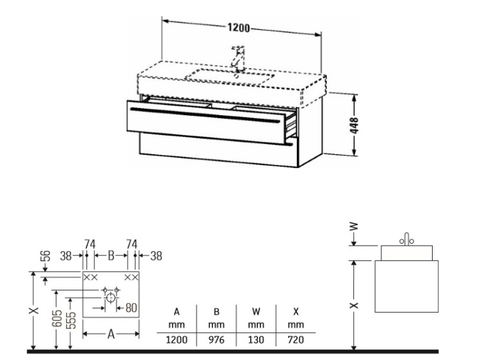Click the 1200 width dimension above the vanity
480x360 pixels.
click(x=239, y=28)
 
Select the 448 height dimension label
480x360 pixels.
click(x=354, y=125)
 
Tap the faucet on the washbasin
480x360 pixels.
click(x=238, y=58)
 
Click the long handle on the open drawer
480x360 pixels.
click(x=205, y=115)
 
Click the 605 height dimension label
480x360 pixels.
click(x=57, y=318)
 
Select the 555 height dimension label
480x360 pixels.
click(x=71, y=320)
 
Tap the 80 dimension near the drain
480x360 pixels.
click(x=131, y=308)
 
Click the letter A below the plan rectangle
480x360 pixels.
click(x=111, y=334)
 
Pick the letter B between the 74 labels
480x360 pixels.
click(x=111, y=255)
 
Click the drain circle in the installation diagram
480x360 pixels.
click(x=110, y=297)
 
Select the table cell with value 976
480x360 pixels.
click(x=216, y=340)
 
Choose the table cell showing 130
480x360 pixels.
click(x=256, y=340)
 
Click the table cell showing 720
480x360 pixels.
click(x=296, y=340)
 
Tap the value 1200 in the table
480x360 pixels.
click(x=177, y=340)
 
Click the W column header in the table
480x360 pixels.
click(x=256, y=311)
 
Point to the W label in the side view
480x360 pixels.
click(x=354, y=226)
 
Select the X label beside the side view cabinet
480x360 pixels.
click(x=354, y=305)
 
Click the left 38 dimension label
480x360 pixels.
click(x=66, y=256)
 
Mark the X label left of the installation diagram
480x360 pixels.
click(x=34, y=310)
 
